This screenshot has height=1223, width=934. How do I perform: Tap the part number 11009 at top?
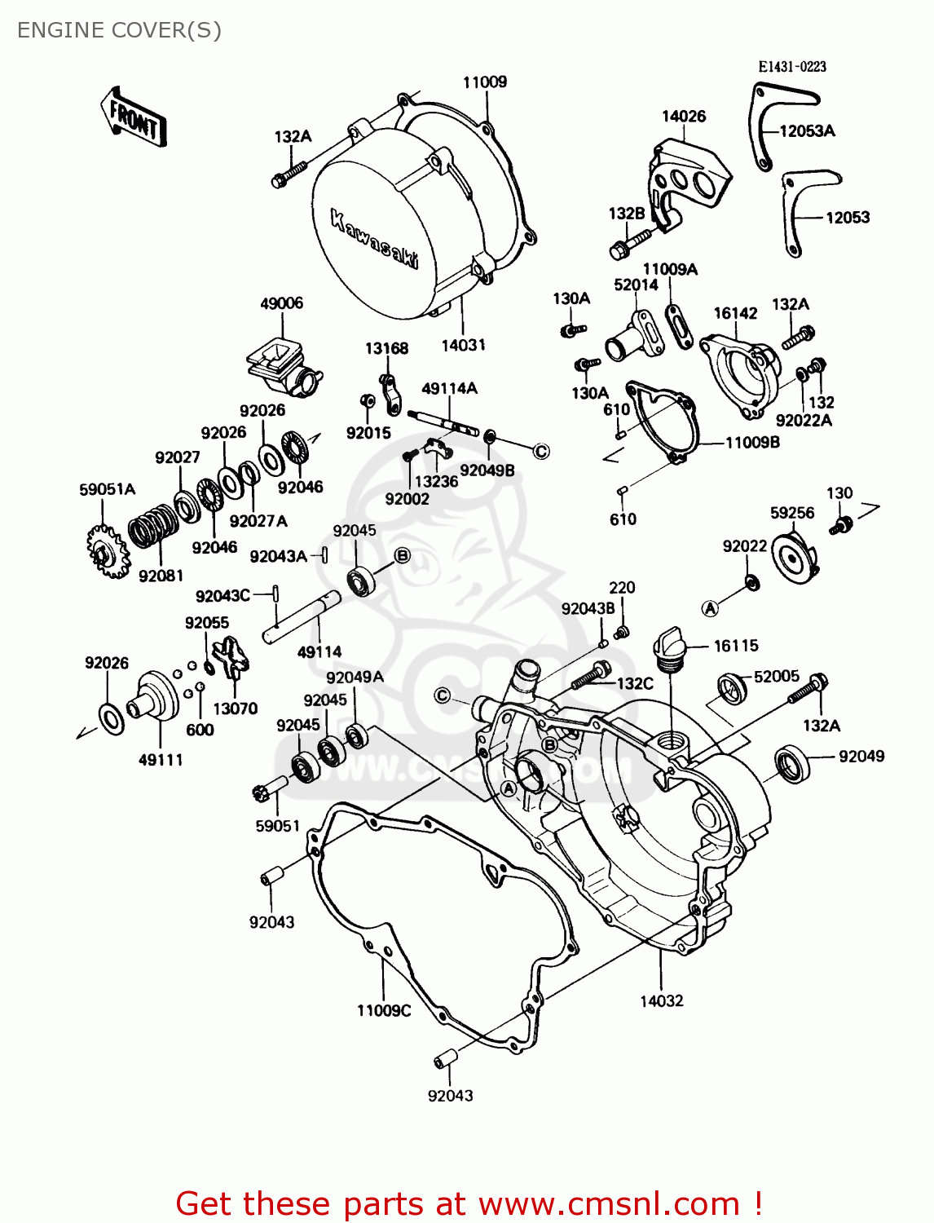[485, 82]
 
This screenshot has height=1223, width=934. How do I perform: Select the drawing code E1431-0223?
[791, 67]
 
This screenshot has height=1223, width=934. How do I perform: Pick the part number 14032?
[661, 1000]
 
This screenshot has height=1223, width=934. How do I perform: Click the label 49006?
[281, 303]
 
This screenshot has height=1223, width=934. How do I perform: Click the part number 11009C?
[384, 1010]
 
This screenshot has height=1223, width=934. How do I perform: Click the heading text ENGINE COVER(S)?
[119, 30]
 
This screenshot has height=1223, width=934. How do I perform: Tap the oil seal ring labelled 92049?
[791, 764]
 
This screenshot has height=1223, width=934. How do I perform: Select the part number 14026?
[683, 117]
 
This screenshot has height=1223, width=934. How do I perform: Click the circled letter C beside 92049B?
[541, 451]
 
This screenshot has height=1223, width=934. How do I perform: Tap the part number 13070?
[235, 709]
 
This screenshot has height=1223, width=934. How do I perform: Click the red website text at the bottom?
[469, 1203]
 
